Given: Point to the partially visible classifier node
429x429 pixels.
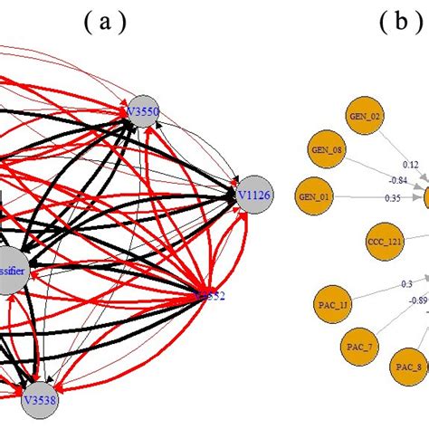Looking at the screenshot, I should coord(11,271).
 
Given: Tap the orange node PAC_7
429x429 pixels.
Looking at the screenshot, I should coord(359,345).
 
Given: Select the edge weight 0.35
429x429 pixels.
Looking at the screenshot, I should coord(392,197).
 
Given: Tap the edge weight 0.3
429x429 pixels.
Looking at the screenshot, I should coord(407,283).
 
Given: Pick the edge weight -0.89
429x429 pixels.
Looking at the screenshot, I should coord(417,300).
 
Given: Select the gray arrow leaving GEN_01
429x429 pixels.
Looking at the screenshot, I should coord(362,195).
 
